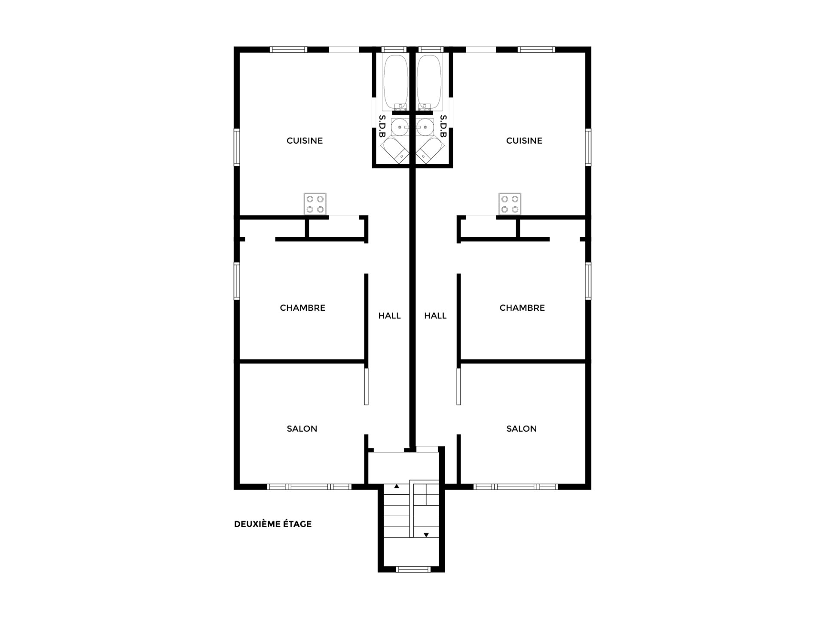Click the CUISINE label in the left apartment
[x=305, y=141]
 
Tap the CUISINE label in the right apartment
[x=524, y=141]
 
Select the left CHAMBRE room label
[x=302, y=308]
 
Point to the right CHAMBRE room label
[x=522, y=308]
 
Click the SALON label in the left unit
[x=302, y=429]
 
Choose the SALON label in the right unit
[x=522, y=429]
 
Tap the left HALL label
[x=389, y=316]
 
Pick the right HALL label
[x=435, y=316]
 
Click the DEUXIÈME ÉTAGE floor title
[x=273, y=524]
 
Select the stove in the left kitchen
[x=315, y=204]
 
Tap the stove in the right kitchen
[x=510, y=204]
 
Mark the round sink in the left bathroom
[x=400, y=127]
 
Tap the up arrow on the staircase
[x=397, y=487]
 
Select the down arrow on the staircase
[x=426, y=535]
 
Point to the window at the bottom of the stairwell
[x=412, y=570]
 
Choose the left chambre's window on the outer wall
[x=237, y=281]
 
